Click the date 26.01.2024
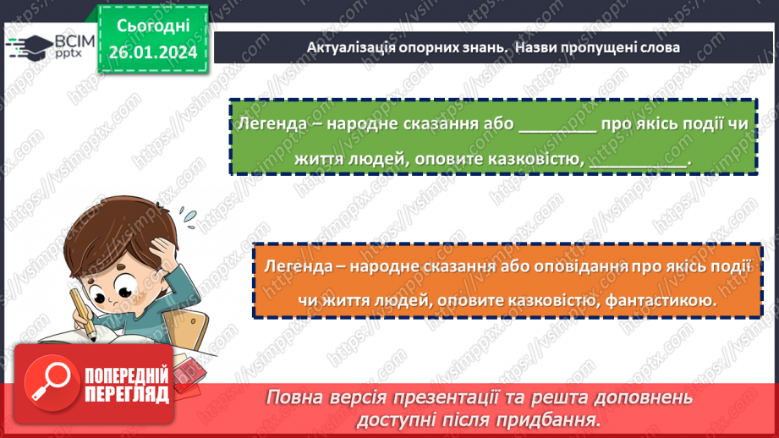pyautogui.click(x=153, y=52)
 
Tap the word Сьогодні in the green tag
pyautogui.click(x=153, y=26)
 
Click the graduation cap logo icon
pyautogui.click(x=30, y=47)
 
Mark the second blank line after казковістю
pyautogui.click(x=638, y=167)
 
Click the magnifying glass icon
pyautogui.click(x=51, y=382)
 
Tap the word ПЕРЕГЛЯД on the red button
pyautogui.click(x=127, y=394)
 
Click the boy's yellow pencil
pyautogui.click(x=84, y=315)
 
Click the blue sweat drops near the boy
pyautogui.click(x=189, y=217)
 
